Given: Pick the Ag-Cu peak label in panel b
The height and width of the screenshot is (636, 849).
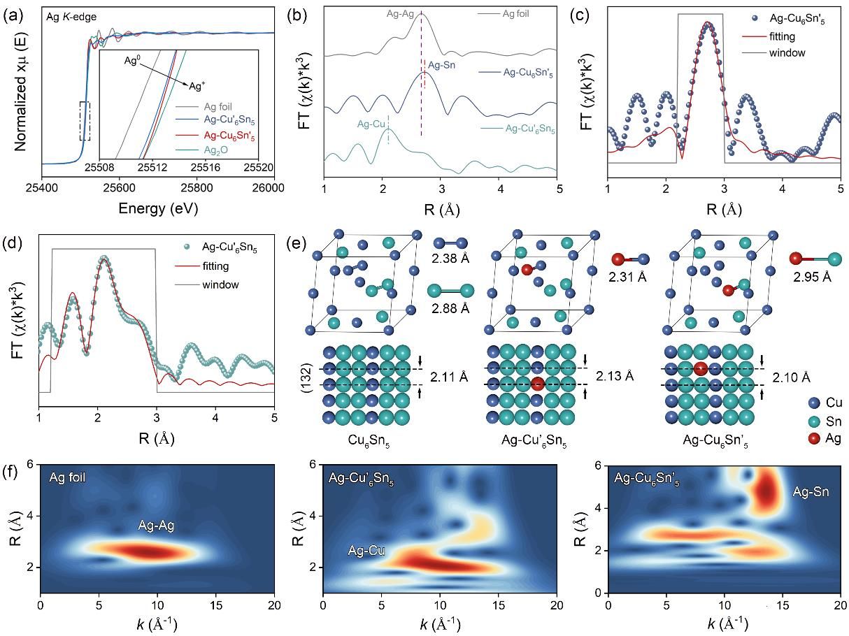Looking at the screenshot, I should click(371, 124).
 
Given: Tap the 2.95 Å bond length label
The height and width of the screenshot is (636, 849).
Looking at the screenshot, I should click(812, 277).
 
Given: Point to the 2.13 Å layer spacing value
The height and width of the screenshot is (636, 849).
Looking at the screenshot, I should click(615, 376).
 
